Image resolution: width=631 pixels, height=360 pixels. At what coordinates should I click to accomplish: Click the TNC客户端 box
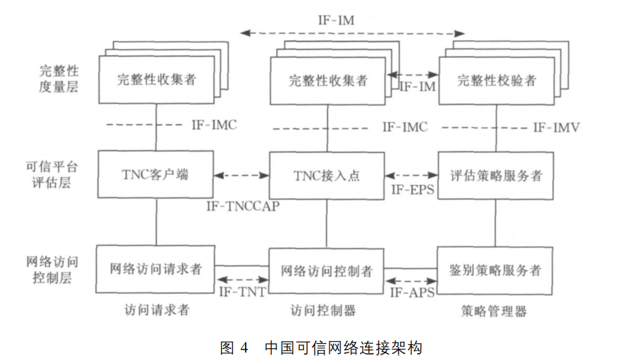pos(156,175)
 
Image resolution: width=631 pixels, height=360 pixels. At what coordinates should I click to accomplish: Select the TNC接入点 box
pos(326,175)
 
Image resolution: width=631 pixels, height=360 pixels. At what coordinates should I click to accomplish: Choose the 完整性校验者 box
pos(496,80)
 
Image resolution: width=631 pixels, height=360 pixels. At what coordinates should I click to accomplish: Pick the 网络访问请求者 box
pos(156,269)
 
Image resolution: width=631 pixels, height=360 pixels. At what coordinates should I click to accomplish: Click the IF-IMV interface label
pos(555,127)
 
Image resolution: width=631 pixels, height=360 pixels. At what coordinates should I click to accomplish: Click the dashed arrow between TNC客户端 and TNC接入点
pos(241,176)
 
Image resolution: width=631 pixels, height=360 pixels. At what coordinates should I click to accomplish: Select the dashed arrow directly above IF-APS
pos(411,280)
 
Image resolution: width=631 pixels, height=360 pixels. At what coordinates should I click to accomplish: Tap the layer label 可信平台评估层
pos(58,174)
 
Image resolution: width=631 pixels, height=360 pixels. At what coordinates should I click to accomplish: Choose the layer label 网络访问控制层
pos(58,269)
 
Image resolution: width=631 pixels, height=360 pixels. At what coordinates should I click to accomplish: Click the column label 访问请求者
pos(157,310)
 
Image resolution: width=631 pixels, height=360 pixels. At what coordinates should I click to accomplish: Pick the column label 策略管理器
pos(494,311)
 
